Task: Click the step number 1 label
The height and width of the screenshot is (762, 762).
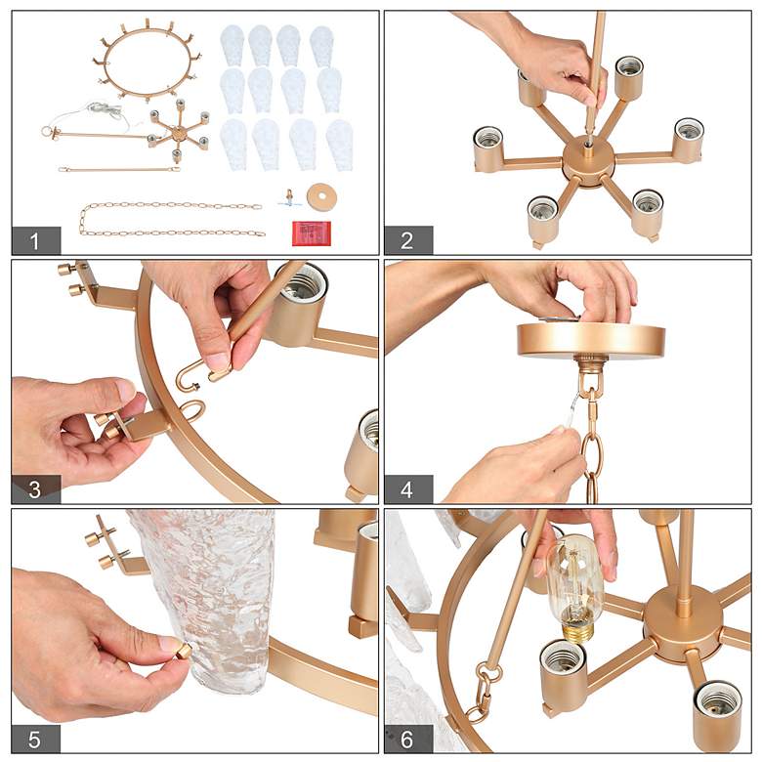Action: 34,240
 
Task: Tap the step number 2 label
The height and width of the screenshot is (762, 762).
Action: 407,240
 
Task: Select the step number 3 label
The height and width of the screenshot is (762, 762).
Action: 34,489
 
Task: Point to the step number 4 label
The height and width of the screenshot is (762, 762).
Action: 407,489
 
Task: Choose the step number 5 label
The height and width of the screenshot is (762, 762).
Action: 34,740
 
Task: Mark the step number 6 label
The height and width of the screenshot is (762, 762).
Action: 407,740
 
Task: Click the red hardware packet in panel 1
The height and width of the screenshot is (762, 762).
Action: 312,233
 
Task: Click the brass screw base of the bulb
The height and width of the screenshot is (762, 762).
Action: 577,630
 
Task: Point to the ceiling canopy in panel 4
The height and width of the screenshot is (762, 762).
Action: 591,340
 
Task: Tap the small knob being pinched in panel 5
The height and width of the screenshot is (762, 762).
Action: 184,650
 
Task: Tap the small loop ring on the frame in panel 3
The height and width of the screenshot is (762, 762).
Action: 192,410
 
